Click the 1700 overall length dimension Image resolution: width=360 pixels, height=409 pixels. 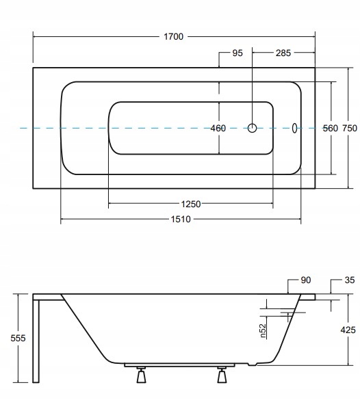click(174, 36)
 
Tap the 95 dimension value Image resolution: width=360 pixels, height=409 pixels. click(237, 53)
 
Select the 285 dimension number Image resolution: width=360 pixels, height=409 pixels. click(283, 53)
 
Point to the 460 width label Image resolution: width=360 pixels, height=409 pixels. click(218, 128)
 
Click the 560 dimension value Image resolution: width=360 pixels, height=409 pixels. click(331, 128)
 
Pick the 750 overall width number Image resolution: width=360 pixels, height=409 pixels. click(350, 128)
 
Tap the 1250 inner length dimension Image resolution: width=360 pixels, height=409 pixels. click(191, 204)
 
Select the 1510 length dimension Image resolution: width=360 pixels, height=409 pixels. click(181, 219)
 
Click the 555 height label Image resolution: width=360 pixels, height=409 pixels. click(18, 338)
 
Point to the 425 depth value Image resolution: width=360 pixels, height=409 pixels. click(348, 330)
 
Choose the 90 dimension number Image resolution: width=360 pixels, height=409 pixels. click(306, 280)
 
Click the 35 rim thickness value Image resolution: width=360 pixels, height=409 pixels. click(350, 280)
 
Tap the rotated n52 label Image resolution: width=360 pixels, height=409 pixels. click(263, 331)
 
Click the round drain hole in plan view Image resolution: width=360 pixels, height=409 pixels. click(252, 128)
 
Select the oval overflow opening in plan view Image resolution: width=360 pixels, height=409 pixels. click(294, 128)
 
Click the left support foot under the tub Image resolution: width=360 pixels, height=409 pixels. click(141, 375)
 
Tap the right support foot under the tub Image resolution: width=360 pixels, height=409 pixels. click(222, 375)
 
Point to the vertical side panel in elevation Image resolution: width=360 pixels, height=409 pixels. click(36, 341)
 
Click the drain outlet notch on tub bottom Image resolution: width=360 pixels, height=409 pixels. click(253, 364)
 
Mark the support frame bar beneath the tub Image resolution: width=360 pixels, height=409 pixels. click(179, 365)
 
